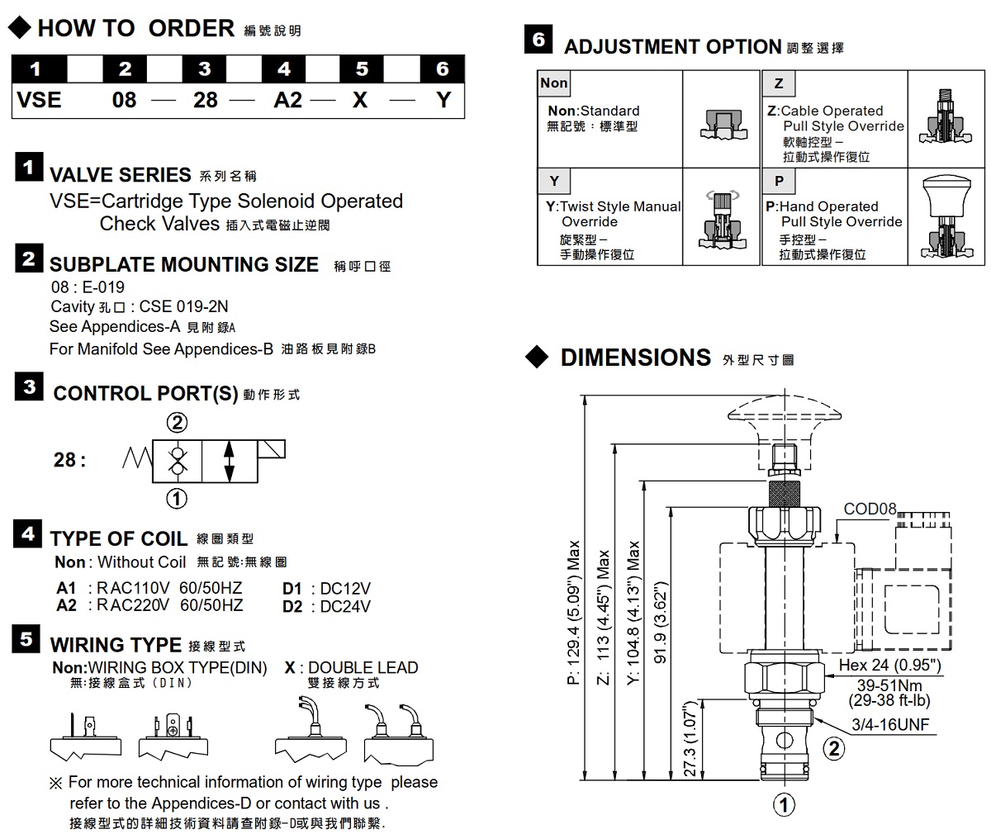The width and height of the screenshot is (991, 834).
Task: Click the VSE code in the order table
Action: tap(40, 100)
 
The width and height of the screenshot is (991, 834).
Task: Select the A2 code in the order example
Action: tap(287, 100)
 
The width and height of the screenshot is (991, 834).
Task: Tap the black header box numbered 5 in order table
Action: tap(362, 69)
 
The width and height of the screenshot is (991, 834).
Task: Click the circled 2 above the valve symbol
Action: tap(177, 423)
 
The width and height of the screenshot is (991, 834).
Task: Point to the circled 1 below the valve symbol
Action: tap(177, 498)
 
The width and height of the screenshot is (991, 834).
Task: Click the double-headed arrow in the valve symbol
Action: tap(229, 461)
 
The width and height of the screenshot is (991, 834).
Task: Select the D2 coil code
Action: tap(293, 606)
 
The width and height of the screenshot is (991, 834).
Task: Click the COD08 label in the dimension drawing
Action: tap(870, 509)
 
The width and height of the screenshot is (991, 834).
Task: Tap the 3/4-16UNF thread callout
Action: tap(890, 725)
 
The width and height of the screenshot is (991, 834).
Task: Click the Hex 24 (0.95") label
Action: tap(889, 666)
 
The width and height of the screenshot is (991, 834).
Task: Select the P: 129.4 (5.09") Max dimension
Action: tap(574, 614)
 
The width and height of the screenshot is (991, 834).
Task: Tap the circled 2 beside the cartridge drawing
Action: tap(834, 748)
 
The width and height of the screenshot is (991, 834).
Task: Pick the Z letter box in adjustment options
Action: tap(779, 83)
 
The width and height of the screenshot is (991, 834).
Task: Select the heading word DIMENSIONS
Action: tap(635, 358)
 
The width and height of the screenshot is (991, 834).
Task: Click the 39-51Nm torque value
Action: tap(889, 685)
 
